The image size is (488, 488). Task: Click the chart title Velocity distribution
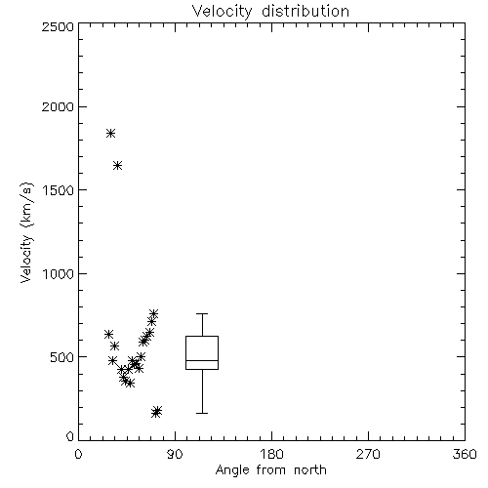270,11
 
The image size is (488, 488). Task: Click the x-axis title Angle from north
270,470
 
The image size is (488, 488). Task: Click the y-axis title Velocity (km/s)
26,232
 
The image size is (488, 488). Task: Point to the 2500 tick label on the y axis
58,26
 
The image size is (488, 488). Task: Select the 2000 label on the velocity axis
58,106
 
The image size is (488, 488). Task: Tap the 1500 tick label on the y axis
59,190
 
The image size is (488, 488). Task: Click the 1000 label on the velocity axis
59,273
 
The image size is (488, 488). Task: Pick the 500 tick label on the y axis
62,357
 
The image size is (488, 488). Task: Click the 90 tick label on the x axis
175,454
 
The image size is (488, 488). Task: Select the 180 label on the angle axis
271,454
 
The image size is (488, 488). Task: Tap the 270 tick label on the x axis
368,454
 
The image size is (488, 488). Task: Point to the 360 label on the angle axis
465,454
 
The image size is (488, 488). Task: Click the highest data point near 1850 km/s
111,133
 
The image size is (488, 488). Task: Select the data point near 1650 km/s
118,166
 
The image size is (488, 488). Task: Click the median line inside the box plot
202,360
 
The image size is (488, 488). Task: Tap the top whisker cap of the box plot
202,313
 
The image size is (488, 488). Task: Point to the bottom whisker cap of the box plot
202,413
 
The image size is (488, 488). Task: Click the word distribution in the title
305,11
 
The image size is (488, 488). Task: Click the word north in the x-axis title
310,470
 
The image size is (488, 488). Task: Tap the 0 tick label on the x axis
78,454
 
